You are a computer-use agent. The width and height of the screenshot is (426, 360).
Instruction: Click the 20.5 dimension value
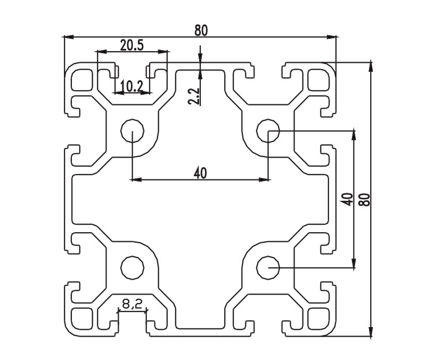tap(132, 45)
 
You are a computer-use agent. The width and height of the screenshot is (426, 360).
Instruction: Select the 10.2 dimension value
tap(131, 85)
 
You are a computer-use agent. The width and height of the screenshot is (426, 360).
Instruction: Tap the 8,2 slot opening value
tap(132, 304)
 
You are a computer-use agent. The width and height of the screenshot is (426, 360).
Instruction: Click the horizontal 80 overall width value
tap(201, 30)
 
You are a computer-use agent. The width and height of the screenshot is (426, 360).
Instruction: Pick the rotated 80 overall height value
tap(365, 199)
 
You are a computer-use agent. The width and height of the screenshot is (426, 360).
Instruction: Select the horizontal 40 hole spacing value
tap(200, 172)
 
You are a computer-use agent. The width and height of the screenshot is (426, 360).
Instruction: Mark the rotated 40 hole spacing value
tap(347, 199)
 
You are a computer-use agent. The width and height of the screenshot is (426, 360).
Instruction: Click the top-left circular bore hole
tap(132, 129)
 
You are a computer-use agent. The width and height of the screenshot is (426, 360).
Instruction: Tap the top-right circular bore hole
tap(268, 129)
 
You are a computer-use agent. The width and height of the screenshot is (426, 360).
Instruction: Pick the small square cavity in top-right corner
tap(318, 80)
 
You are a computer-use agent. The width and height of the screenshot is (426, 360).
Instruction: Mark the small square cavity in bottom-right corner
tap(318, 316)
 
